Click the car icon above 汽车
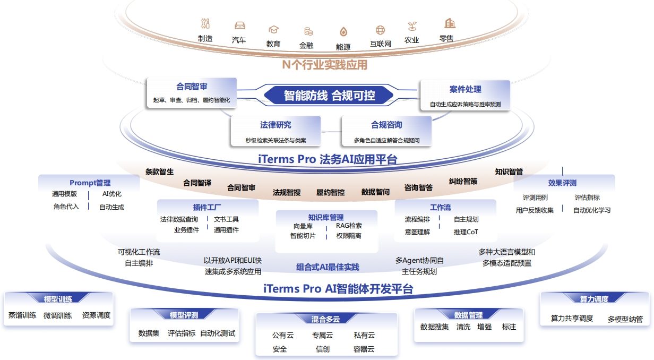point(239,25)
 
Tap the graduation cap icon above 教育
point(273,29)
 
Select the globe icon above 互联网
point(380,30)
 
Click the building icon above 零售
point(450,23)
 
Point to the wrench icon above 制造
point(205,23)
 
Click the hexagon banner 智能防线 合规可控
point(329,96)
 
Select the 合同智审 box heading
point(192,87)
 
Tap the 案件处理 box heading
point(465,89)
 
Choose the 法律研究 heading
point(276,125)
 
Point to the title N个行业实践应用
point(324,65)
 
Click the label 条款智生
point(159,172)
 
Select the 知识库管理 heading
point(326,217)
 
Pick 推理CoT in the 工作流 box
point(466,232)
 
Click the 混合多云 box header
point(326,319)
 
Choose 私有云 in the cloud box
point(364,335)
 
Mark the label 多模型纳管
point(625,319)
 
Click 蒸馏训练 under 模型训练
point(22,315)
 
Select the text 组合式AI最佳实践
point(328,267)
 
